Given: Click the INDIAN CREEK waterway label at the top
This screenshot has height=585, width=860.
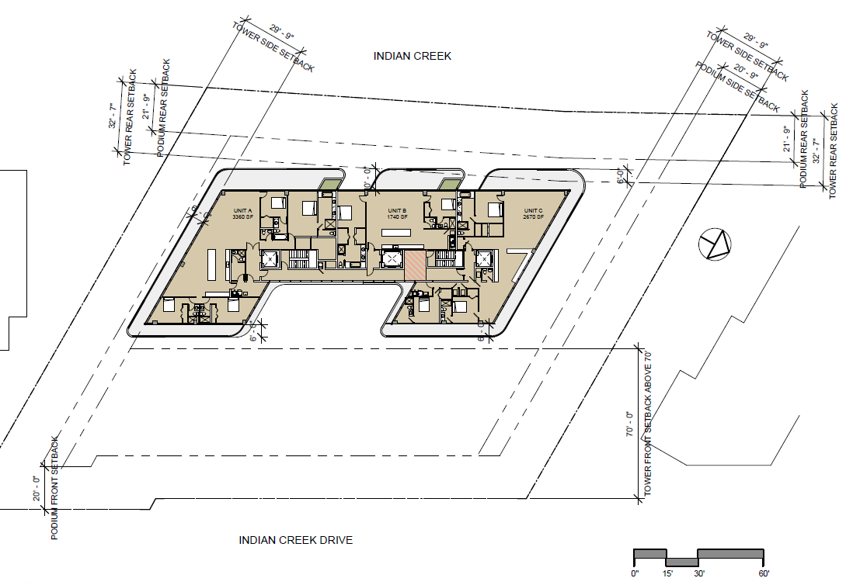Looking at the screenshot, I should pos(412,56).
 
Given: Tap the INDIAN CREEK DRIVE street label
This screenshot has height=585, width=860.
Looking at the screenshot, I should pos(296,541).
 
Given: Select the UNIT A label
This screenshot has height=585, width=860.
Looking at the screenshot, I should pos(243,210).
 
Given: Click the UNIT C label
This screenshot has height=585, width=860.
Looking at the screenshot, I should pos(533,210).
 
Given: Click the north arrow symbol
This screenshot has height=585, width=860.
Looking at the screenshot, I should pos(715,246).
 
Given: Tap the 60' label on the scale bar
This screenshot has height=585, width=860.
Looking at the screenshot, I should pos(764,573).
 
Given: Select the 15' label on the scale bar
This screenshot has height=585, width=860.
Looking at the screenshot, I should pos(667,573).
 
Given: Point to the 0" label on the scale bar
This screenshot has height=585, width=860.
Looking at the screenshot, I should pos(635,573).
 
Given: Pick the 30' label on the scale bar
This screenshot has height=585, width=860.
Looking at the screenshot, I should pos(699,573).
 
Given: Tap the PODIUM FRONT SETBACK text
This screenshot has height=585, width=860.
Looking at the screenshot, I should pos(54,488).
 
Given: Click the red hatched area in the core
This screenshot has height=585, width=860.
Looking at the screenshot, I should pos(415,265).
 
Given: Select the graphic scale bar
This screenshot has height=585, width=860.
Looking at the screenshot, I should pos(699,557).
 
